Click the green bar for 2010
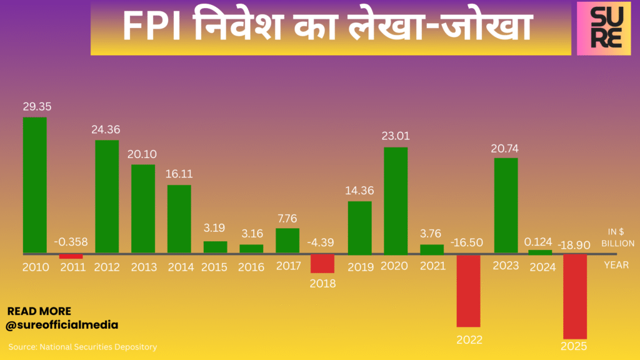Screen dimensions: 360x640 pos(34,185)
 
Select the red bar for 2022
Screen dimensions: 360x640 pos(468,291)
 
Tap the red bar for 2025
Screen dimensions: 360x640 pos(575,296)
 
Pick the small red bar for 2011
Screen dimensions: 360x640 pos(71,256)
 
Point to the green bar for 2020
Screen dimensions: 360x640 pos(396,200)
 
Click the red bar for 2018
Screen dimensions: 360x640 pos(322,263)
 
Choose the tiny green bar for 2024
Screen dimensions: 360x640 pos(540,252)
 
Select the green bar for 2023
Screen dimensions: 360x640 pos(505,206)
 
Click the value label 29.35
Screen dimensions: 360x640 pos(36,107)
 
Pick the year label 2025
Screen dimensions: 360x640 pos(574,346)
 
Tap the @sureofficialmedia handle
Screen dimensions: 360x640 pos(62,325)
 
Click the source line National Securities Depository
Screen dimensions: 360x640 pos(82,346)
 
